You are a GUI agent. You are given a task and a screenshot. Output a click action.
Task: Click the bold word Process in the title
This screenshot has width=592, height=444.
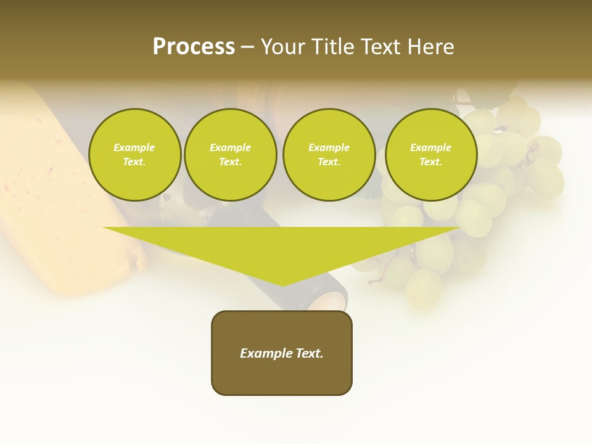pyautogui.click(x=194, y=47)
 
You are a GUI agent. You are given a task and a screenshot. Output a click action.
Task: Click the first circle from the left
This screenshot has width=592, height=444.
pyautogui.click(x=134, y=155)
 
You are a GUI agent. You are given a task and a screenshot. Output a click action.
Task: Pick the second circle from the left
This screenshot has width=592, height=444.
pyautogui.click(x=231, y=155)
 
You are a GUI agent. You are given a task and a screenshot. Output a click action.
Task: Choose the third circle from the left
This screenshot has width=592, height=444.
pyautogui.click(x=329, y=155)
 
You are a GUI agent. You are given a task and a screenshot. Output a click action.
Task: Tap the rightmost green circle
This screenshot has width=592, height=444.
pyautogui.click(x=431, y=155)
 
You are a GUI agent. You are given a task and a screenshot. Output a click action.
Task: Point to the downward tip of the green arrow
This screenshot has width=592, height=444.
pyautogui.click(x=283, y=284)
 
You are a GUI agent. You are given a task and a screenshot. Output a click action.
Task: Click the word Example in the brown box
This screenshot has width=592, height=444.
pyautogui.click(x=266, y=353)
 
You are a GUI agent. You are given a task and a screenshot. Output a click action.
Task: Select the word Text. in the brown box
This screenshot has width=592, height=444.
pyautogui.click(x=310, y=353)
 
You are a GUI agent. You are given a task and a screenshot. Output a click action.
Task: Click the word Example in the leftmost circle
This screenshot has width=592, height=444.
pyautogui.click(x=134, y=147)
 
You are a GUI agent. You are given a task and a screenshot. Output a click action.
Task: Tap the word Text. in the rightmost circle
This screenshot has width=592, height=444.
pyautogui.click(x=431, y=162)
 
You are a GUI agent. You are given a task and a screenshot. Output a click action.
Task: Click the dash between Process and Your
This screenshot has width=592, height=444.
pyautogui.click(x=248, y=47)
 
